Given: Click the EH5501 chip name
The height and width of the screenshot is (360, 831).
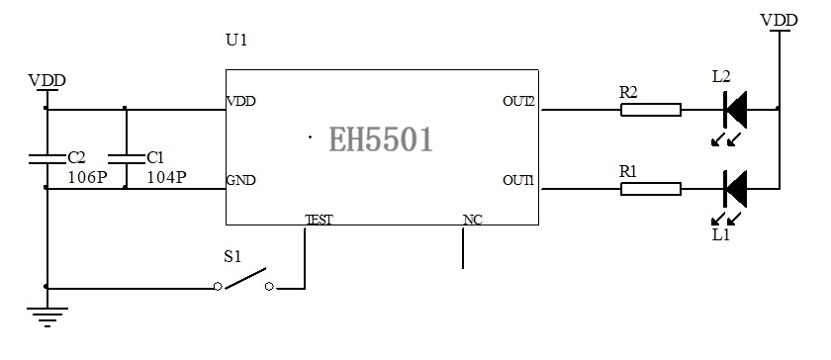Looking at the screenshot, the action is click(381, 139).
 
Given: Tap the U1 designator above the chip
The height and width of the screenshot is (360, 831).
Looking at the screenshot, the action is click(236, 40).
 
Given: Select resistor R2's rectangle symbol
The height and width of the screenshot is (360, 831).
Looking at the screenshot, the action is click(651, 110).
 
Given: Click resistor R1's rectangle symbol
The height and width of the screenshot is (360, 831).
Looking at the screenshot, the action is click(651, 189).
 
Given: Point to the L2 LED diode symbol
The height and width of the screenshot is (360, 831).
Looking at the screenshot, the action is click(735, 110).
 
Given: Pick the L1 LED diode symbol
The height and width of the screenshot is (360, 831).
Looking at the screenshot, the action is click(735, 189).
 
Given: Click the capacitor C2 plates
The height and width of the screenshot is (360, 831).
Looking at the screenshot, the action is click(47, 158).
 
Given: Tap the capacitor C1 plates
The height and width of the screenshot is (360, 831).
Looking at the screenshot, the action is click(126, 158).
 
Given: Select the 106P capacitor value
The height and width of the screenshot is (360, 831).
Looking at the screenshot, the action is click(87, 177).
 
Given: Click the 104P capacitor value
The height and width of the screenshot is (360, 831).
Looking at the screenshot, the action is click(166, 177).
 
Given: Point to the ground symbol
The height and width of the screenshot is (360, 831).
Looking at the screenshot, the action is click(47, 316).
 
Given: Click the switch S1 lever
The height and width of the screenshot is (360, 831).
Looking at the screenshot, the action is click(245, 278).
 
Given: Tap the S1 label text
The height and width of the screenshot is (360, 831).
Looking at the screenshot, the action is click(232, 256).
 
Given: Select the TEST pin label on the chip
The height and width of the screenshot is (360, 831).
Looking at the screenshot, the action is click(319, 219).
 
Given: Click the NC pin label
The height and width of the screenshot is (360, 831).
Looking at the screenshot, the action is click(473, 219).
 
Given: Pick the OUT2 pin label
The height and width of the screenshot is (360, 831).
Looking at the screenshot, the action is click(518, 101).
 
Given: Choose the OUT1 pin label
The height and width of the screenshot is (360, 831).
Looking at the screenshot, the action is click(518, 180).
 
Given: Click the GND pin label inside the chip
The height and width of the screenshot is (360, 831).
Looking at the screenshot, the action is click(241, 180).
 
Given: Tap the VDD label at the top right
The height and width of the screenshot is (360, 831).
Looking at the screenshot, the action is click(780, 20).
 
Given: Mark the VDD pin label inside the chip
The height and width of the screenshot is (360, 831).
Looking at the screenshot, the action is click(241, 101).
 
